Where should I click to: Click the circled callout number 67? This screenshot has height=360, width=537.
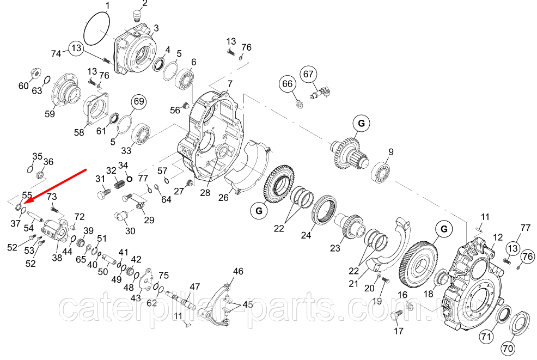pyautogui.click(x=309, y=74)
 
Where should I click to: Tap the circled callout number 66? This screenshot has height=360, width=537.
pyautogui.click(x=288, y=83)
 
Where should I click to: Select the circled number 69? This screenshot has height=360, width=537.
pyautogui.click(x=139, y=102)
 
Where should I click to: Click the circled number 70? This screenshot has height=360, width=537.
pyautogui.click(x=508, y=349)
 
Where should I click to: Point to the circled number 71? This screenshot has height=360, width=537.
pyautogui.click(x=486, y=337)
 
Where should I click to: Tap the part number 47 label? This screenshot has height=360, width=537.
pyautogui.click(x=195, y=286)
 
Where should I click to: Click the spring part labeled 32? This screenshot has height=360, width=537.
pyautogui.click(x=118, y=185)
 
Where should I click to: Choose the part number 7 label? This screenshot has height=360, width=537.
pyautogui.click(x=229, y=83)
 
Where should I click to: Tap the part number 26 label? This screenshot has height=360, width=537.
pyautogui.click(x=223, y=198)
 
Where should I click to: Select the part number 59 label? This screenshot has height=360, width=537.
pyautogui.click(x=50, y=113)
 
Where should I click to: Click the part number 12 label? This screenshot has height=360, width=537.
pyautogui.click(x=498, y=237)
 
